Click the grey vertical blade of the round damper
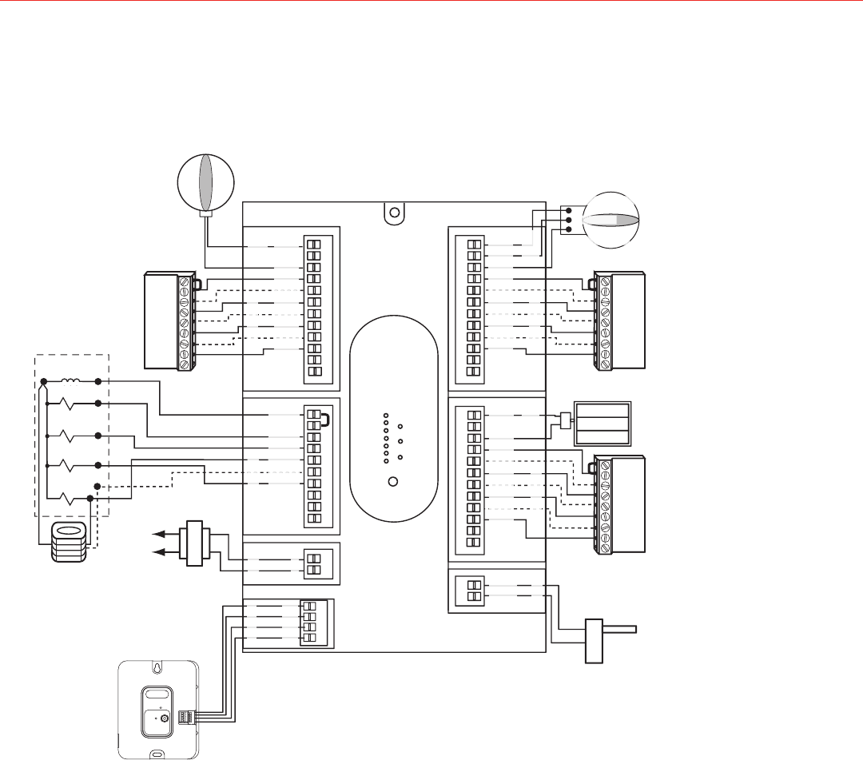[x=205, y=181]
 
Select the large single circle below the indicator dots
[x=392, y=482]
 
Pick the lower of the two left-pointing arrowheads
[x=161, y=551]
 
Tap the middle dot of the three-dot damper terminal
[x=568, y=220]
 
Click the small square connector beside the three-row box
[x=565, y=420]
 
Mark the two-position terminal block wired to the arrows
[x=314, y=564]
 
